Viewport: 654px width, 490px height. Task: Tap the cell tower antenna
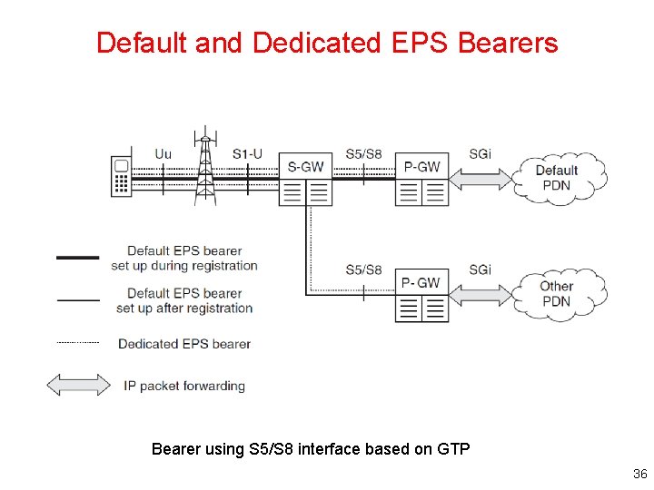click(206, 169)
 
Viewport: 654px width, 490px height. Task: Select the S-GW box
click(305, 179)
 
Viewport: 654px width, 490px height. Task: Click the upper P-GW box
click(421, 179)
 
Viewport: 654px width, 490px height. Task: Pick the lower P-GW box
click(421, 295)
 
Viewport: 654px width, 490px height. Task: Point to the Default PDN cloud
click(558, 178)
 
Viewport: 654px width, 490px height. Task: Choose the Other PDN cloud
click(557, 293)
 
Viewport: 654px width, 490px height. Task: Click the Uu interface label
click(163, 154)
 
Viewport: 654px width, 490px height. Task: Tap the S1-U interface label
click(247, 154)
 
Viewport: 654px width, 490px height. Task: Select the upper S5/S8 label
click(363, 154)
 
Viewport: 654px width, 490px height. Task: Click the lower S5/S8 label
click(363, 269)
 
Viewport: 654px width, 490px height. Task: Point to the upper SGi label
click(481, 154)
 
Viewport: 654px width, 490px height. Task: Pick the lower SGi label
click(481, 269)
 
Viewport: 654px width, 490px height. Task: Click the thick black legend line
click(78, 258)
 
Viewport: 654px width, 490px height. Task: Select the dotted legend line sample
click(78, 343)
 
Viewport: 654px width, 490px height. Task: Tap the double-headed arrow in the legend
click(78, 385)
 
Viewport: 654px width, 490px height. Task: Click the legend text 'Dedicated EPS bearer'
click(184, 344)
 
